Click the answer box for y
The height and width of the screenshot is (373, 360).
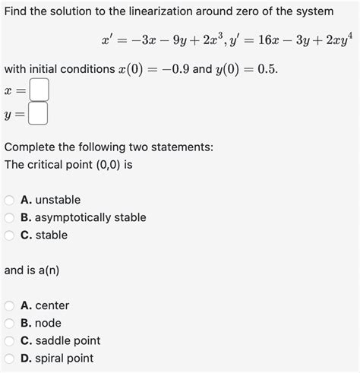[39, 115]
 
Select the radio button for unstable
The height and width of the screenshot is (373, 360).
[10, 200]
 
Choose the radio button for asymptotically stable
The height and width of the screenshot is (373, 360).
[10, 217]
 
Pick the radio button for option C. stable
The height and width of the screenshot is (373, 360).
[10, 235]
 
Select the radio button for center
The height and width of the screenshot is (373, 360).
[10, 305]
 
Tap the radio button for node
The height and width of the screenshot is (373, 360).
[10, 323]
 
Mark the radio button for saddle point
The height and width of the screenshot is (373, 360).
[10, 341]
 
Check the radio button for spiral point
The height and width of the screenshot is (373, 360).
[10, 359]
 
